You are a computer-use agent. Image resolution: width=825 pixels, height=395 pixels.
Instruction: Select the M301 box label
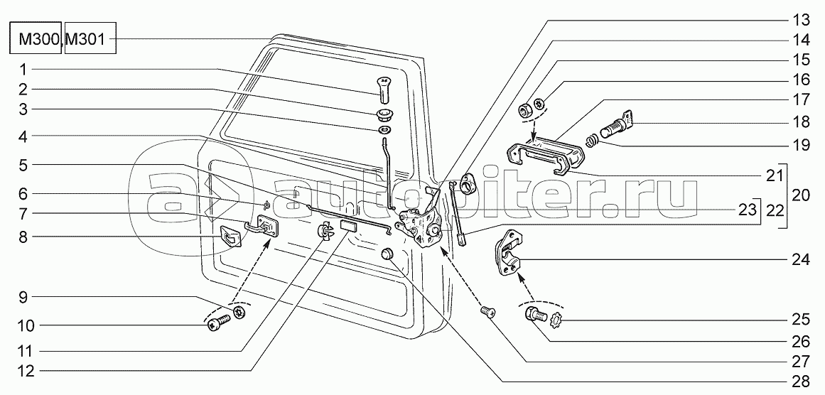click(x=89, y=40)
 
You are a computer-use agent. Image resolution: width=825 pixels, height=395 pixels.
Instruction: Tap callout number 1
click(x=23, y=70)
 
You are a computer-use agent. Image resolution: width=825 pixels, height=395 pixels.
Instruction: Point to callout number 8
click(x=23, y=237)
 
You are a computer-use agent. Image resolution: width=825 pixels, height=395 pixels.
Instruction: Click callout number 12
click(x=23, y=370)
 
